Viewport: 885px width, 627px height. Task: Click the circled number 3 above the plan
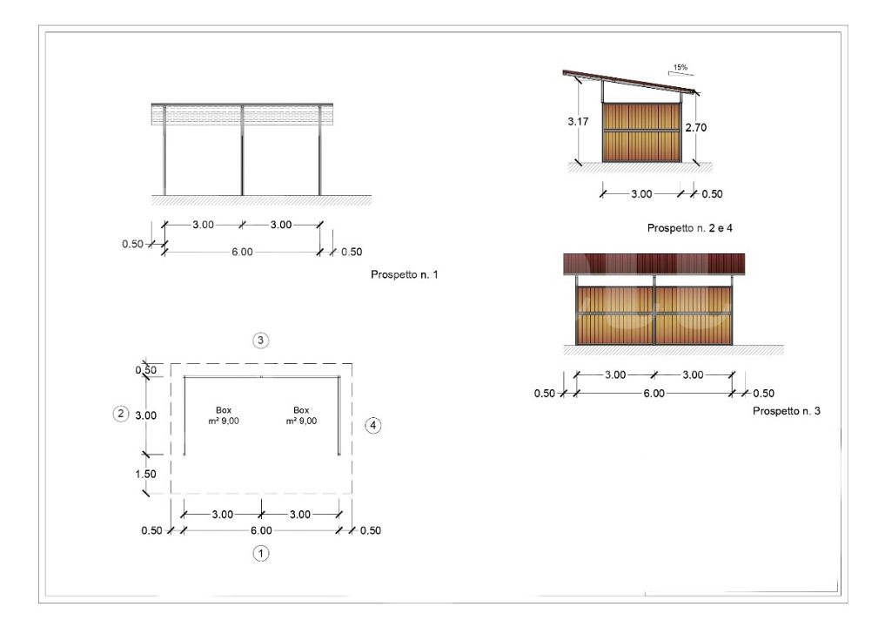260,340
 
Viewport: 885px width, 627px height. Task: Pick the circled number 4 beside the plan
372,426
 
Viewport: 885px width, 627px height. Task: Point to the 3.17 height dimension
579,122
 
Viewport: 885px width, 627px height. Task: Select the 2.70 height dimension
694,127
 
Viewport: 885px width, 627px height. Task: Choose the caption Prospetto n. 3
786,410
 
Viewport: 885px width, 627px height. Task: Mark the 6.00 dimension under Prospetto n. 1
242,252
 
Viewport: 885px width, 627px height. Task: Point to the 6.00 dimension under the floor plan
261,530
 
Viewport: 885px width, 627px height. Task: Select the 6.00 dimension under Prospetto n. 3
654,393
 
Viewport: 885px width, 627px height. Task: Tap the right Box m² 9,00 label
301,415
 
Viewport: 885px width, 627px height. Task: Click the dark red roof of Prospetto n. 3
654,264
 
